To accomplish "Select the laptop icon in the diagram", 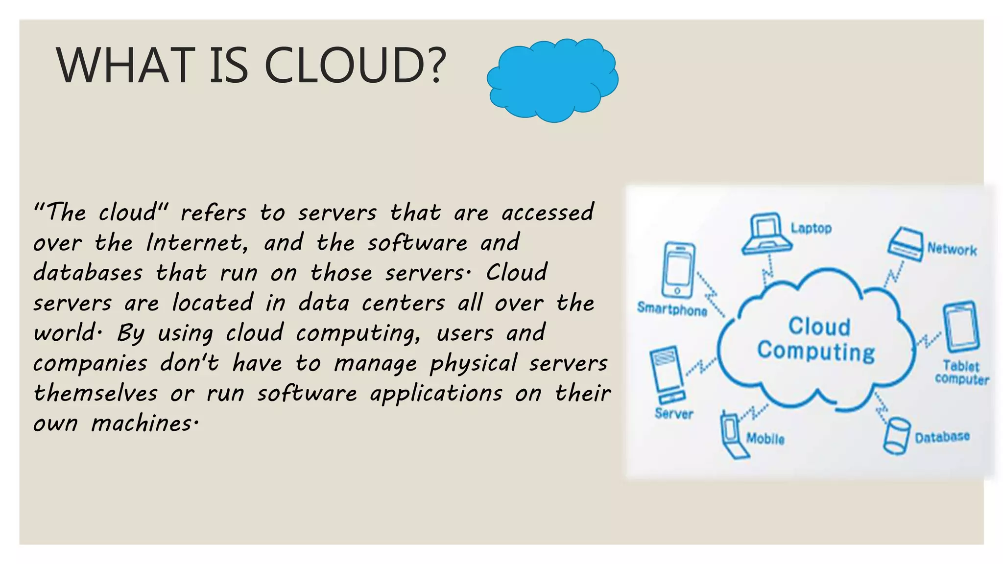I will click(766, 234).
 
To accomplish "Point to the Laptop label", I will click(811, 228).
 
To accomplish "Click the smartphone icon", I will click(678, 270).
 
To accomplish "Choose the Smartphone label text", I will click(672, 309).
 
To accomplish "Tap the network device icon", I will click(906, 243).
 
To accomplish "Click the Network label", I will click(952, 250).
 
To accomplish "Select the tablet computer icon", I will click(962, 327).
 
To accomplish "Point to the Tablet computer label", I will click(961, 373).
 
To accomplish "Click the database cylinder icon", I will click(897, 435).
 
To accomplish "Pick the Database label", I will click(942, 437).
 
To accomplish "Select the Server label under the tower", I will click(674, 414).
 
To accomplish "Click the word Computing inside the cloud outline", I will click(816, 352).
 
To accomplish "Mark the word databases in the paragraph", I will click(88, 273).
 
